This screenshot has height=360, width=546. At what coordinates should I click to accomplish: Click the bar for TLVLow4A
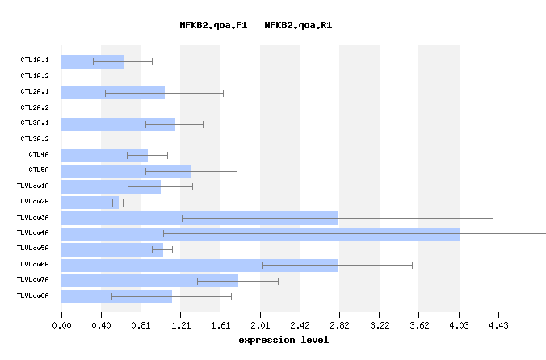pyautogui.click(x=260, y=234)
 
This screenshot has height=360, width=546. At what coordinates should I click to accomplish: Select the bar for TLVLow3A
pyautogui.click(x=199, y=218)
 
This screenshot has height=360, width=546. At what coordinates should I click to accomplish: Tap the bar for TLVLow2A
pyautogui.click(x=90, y=203)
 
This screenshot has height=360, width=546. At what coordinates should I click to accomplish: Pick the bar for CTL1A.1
pyautogui.click(x=92, y=61)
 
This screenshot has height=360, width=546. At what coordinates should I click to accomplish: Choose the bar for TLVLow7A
pyautogui.click(x=149, y=281)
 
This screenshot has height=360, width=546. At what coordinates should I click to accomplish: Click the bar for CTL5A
pyautogui.click(x=126, y=171)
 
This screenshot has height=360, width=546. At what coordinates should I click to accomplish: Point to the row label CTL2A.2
pyautogui.click(x=35, y=107)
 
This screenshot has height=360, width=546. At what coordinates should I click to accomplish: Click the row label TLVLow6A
pyautogui.click(x=33, y=265)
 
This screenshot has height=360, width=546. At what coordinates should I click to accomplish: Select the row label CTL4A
pyautogui.click(x=39, y=154)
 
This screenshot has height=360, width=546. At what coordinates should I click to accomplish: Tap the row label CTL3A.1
pyautogui.click(x=35, y=123)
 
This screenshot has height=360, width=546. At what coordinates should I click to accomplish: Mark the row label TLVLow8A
pyautogui.click(x=33, y=296)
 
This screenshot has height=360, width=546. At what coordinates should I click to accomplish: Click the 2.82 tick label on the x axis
pyautogui.click(x=339, y=325)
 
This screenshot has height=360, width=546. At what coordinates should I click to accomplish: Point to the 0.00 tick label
pyautogui.click(x=61, y=325)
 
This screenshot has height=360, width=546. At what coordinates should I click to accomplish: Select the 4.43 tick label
pyautogui.click(x=498, y=325)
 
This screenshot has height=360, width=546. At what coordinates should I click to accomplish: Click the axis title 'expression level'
pyautogui.click(x=283, y=340)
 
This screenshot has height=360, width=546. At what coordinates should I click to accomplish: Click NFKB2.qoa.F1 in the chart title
pyautogui.click(x=212, y=25)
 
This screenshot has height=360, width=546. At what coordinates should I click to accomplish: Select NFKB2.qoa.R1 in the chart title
pyautogui.click(x=298, y=25)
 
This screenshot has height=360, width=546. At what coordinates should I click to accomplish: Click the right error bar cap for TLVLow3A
pyautogui.click(x=493, y=218)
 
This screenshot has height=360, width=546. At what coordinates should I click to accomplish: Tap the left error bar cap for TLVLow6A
pyautogui.click(x=263, y=265)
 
